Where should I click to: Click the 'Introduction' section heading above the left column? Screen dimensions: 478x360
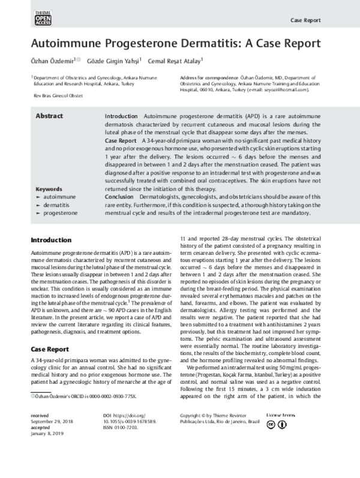(x=51, y=240)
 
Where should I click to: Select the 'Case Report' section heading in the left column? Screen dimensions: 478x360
(x=51, y=349)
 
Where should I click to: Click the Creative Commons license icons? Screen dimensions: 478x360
(x=277, y=441)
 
